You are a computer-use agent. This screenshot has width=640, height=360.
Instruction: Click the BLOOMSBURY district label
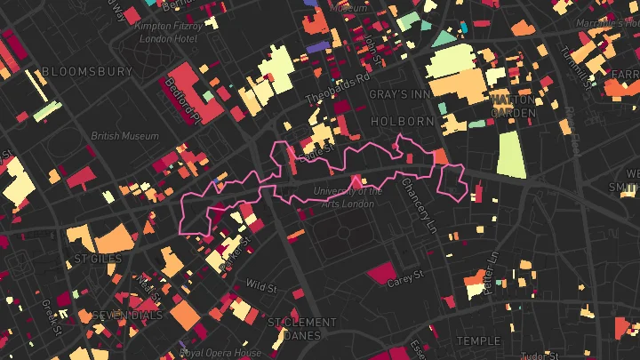(85, 71)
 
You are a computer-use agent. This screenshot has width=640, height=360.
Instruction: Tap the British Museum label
(125, 136)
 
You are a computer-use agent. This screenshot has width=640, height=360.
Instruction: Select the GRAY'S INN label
(400, 93)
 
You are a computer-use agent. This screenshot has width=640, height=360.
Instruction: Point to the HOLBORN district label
(402, 121)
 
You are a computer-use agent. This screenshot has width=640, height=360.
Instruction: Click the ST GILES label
(97, 260)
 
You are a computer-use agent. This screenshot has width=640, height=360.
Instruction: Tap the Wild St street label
(261, 286)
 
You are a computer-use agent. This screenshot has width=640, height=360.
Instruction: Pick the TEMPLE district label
(479, 340)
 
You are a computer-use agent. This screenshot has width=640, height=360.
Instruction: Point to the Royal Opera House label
(220, 353)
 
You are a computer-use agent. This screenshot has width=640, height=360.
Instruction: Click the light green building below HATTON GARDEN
(510, 154)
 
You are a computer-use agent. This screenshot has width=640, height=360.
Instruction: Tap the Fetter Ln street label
(492, 268)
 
